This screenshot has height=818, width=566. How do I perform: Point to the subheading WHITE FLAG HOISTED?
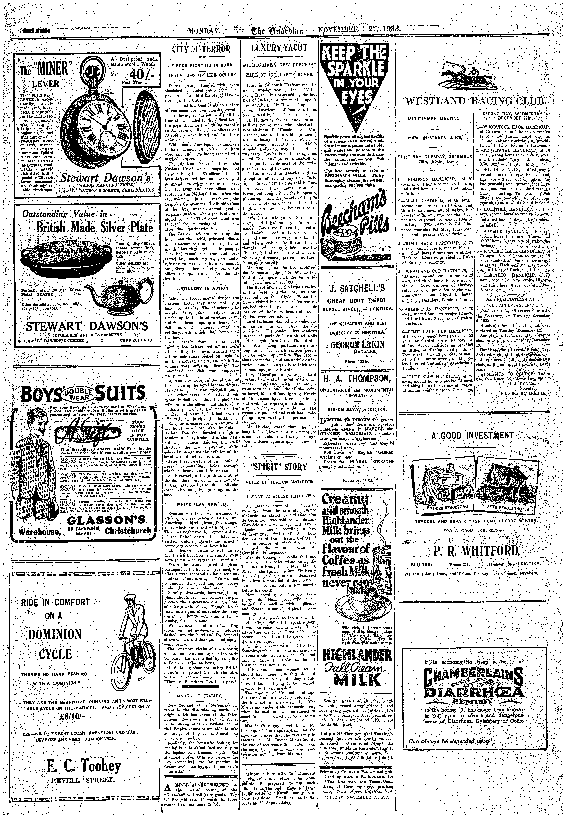(x=201, y=504)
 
